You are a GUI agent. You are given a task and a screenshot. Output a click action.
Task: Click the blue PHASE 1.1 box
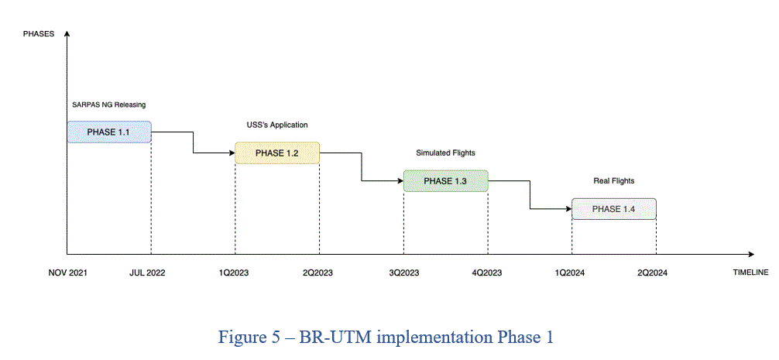coord(109,132)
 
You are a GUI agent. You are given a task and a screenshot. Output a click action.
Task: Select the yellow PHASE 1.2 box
coord(277,153)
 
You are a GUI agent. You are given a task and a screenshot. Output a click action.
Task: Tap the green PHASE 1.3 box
coord(445,180)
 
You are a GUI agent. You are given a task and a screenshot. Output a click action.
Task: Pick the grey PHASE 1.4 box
coord(614,209)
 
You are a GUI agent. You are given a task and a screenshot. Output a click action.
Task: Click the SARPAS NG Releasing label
coord(109,105)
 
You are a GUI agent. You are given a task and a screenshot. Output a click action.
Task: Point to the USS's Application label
coord(277,125)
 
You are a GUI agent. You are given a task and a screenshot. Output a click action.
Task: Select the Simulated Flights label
coord(445,153)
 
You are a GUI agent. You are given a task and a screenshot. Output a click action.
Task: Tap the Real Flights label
coord(614,181)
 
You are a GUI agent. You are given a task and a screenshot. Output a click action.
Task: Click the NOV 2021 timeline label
coord(67,273)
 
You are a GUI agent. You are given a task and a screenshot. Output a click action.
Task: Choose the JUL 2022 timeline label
coord(148,273)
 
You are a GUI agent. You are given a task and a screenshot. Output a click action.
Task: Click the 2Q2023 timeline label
coord(317,273)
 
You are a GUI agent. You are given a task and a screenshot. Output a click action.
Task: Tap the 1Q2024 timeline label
coord(569,273)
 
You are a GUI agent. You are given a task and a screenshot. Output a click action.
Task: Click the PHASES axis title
coord(39,34)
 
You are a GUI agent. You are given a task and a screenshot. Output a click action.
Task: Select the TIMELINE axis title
coord(750,273)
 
